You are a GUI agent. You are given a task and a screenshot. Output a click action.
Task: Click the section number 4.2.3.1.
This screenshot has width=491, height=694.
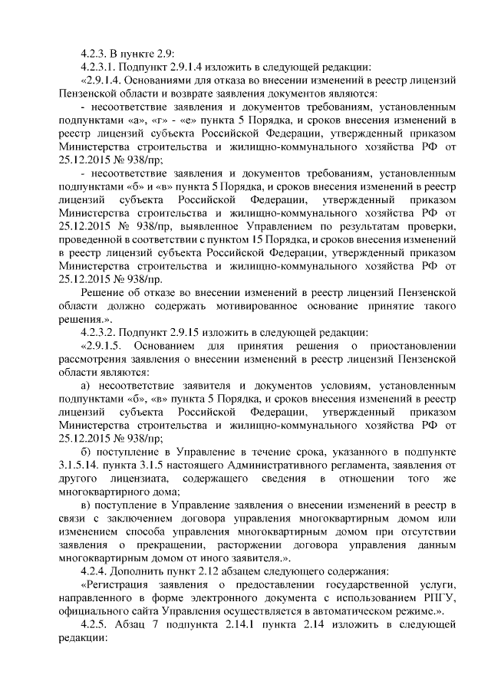pos(99,67)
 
